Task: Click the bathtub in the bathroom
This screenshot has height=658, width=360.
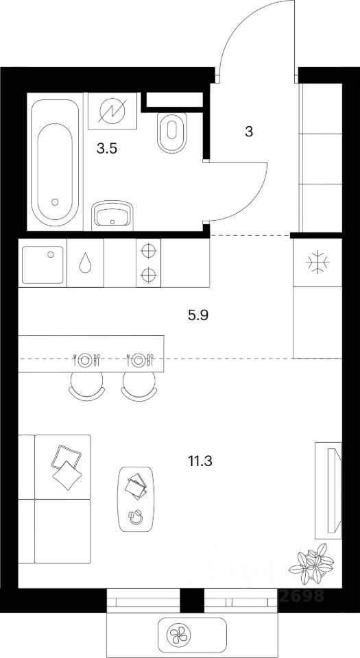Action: point(54,164)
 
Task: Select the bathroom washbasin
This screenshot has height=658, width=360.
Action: point(111,216)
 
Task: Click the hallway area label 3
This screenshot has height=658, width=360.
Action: point(249,132)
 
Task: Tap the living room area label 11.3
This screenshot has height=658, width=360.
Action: point(200,461)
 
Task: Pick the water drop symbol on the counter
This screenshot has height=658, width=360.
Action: point(84,264)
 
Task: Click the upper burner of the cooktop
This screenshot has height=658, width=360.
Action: point(148,251)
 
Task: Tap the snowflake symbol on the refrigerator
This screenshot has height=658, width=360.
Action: point(317,262)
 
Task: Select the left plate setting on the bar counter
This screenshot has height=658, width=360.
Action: point(85,358)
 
